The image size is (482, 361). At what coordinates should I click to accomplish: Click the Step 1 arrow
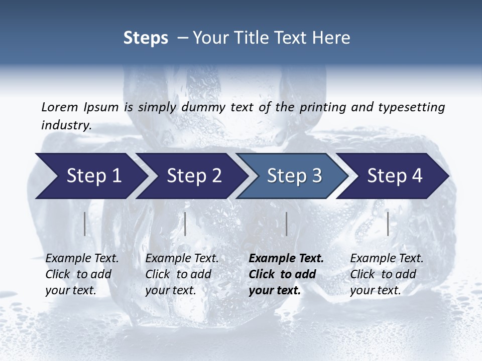pos(90,176)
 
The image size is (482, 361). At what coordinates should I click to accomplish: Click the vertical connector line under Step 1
pos(84,224)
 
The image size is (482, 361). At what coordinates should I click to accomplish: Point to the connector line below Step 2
pos(185,224)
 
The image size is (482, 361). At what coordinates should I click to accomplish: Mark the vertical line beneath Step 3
pos(286,224)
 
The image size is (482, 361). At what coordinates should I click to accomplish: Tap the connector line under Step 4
pos(388,224)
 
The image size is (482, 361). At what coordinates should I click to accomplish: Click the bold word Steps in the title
pos(146,38)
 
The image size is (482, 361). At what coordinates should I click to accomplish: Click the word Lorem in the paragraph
pos(59,107)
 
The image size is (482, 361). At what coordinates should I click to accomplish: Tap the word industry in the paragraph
pos(66,125)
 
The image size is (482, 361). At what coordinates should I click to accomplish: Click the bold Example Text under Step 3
pos(286,259)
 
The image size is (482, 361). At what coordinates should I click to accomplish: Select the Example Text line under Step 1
pos(82,259)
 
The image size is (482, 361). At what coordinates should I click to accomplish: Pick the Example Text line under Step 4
pos(387,259)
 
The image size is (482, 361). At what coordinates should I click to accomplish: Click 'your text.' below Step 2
pos(171,290)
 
